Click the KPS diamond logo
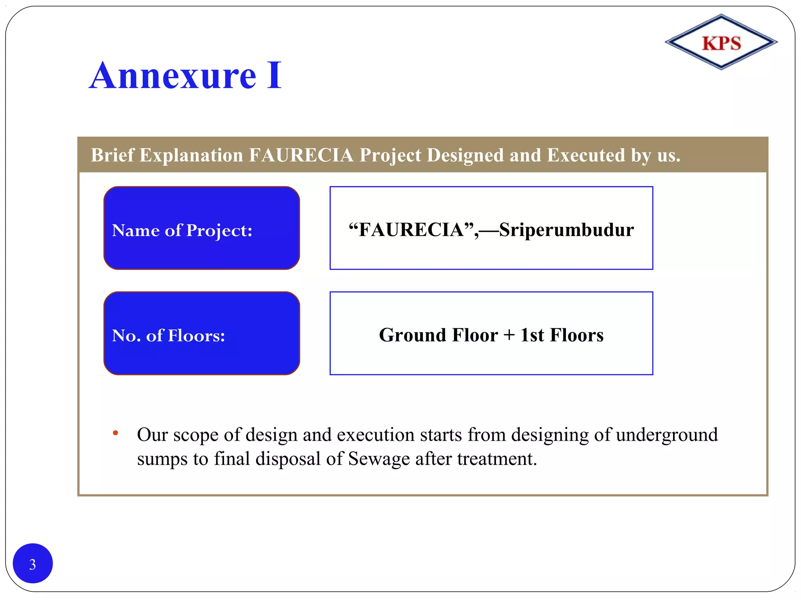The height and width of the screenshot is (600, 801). coord(721,42)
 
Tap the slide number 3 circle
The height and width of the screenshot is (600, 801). coord(33,563)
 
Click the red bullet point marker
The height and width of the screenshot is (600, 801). coord(115,433)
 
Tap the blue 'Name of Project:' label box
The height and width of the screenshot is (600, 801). coord(201,228)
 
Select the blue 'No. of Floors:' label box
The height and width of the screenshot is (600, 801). coord(201,333)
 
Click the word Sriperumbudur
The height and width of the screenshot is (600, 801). coord(566,230)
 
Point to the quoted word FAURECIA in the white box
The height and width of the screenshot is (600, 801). coord(411,230)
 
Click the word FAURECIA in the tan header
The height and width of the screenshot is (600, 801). coord(301,155)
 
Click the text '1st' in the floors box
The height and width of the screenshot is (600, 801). coord(532,335)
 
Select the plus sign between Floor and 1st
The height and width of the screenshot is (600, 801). coord(509,335)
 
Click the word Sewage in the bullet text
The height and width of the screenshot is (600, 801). coord(379,459)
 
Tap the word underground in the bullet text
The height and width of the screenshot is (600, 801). coord(666,435)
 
